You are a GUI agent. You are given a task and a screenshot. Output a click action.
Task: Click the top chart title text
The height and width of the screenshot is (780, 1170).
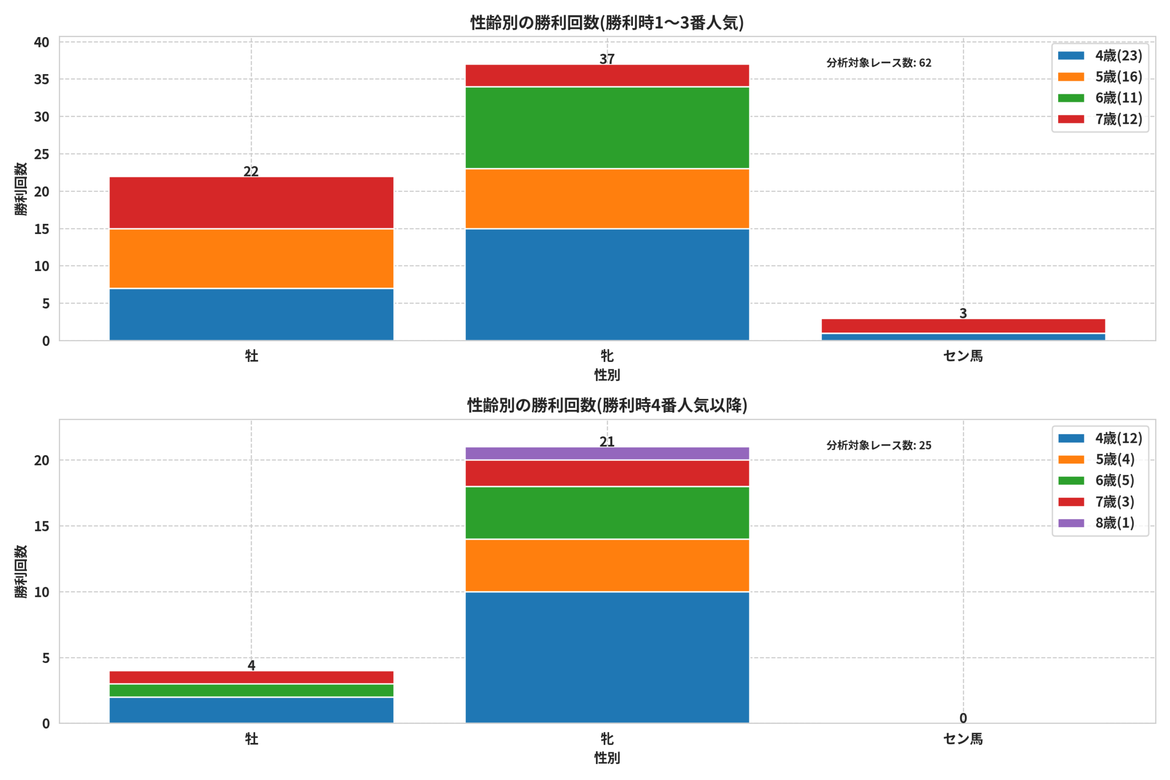point(607,23)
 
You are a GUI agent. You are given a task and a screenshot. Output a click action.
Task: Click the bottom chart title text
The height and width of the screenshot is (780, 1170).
point(607,405)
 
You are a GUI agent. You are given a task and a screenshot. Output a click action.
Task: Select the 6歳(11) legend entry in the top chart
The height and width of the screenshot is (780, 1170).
point(1100,98)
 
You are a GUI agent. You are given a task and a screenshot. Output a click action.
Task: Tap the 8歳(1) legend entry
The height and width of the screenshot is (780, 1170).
point(1096,523)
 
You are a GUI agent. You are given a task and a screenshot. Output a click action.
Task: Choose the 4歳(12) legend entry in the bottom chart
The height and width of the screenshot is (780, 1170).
point(1100,438)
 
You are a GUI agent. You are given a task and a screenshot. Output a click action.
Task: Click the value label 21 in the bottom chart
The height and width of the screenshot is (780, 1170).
point(607,442)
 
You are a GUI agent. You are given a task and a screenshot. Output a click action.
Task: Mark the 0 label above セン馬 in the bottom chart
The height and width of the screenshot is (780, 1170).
point(963,718)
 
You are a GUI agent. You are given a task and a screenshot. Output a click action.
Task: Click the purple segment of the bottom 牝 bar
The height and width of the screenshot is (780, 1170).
point(607,454)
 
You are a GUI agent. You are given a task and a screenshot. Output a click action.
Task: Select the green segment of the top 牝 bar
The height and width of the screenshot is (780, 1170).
point(607,128)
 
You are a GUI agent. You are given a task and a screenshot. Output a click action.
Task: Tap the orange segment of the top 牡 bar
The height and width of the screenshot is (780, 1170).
point(251,259)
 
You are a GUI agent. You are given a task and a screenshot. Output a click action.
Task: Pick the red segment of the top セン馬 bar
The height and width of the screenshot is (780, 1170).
point(963,326)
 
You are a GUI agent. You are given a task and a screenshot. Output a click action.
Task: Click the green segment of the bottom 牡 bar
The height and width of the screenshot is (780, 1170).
point(251,690)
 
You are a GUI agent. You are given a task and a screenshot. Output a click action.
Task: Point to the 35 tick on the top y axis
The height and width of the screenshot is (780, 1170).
point(42,80)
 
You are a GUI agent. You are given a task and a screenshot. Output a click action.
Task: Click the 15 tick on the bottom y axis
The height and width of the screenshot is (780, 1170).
point(42,526)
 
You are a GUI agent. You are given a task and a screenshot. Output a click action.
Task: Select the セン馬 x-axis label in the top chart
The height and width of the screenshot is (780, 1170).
point(963,356)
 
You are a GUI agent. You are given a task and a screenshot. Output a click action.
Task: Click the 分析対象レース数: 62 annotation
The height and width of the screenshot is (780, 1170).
point(879,63)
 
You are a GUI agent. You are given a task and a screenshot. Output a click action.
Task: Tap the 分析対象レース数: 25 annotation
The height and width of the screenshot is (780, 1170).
point(879,446)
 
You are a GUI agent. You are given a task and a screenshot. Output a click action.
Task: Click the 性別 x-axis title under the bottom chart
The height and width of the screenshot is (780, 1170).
point(607,758)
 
